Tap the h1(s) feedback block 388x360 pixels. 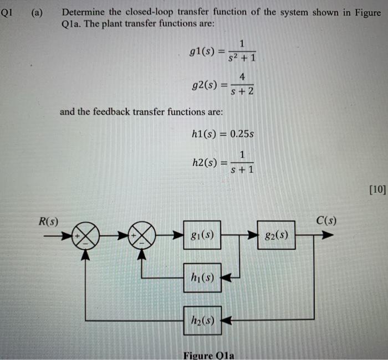click(x=202, y=277)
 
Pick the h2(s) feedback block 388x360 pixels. click(x=202, y=320)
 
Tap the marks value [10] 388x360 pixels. click(x=377, y=190)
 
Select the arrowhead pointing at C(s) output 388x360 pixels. click(x=328, y=235)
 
